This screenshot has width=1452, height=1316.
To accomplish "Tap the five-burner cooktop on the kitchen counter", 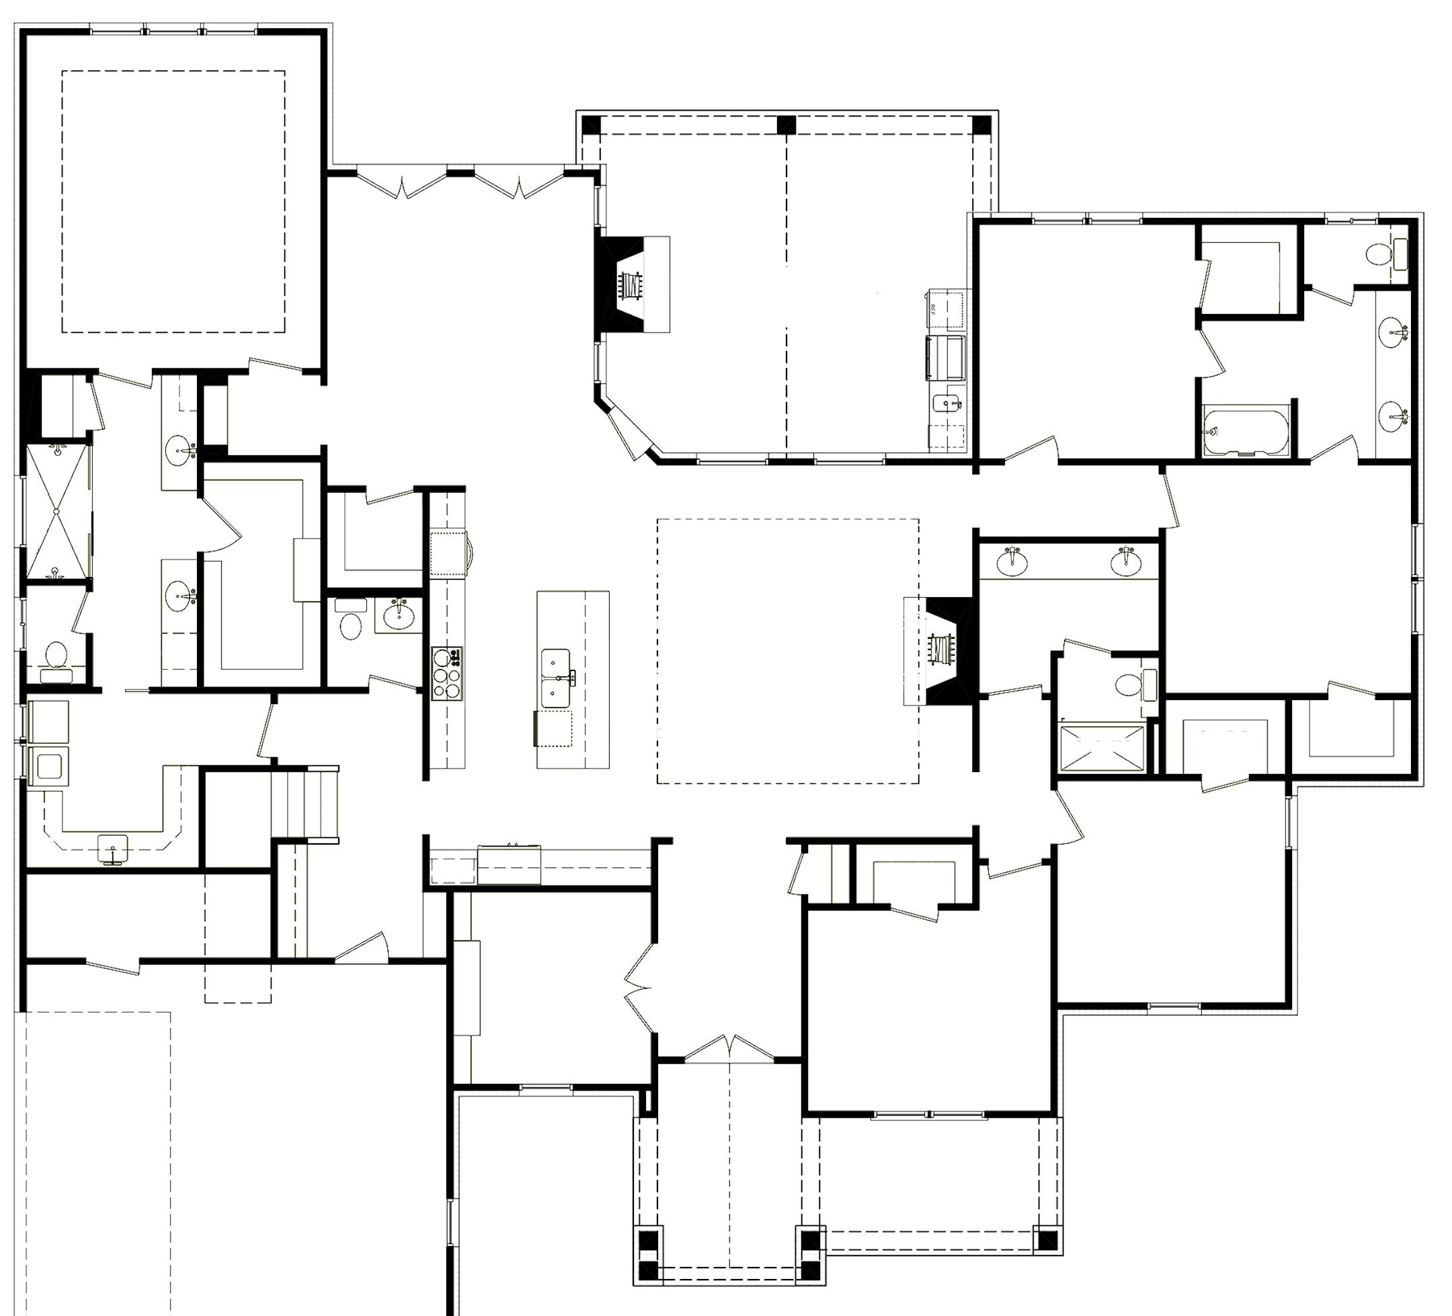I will click(x=446, y=674).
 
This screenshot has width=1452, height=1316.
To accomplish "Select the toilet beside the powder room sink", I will click(x=350, y=625).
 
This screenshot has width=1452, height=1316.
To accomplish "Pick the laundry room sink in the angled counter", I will click(x=112, y=847).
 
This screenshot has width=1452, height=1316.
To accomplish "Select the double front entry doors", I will click(x=729, y=1050).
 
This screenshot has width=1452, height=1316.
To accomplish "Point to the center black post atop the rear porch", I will click(x=786, y=124).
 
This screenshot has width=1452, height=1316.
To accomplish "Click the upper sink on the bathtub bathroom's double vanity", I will click(x=1394, y=333).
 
